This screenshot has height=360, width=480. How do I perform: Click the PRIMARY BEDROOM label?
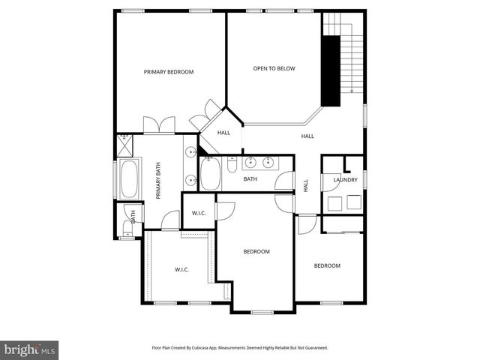point(169,72)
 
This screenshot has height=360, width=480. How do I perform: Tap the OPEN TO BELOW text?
point(274,68)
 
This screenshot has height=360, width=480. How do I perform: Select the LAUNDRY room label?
point(345,180)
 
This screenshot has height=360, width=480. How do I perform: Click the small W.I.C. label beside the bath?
point(199,213)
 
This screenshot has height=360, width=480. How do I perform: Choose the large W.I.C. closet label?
point(182,269)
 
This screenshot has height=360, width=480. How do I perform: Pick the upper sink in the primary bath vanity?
point(191,152)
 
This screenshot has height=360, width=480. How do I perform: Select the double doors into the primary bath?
point(159,125)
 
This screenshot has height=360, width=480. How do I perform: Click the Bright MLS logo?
point(30,349)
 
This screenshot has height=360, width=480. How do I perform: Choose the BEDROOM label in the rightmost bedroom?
point(327,265)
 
